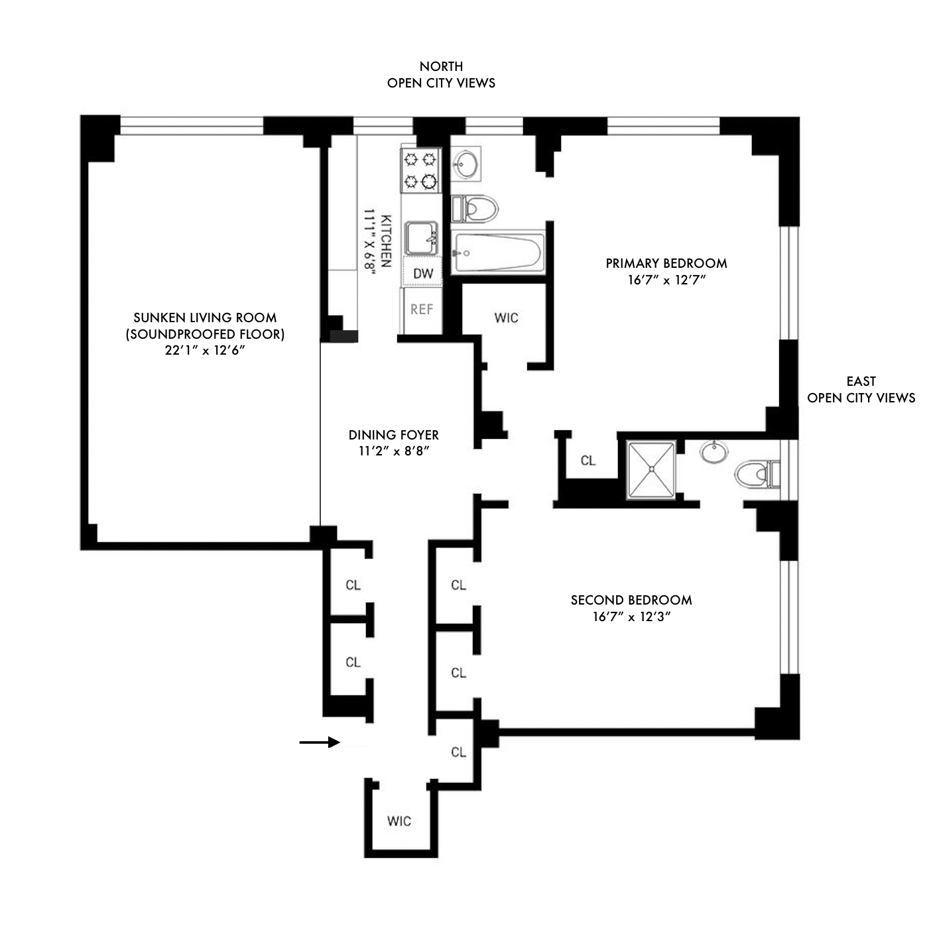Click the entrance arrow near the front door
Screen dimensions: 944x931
(319, 742)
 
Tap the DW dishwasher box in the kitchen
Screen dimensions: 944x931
(422, 273)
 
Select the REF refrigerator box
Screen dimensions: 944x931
(422, 310)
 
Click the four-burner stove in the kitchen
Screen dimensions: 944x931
(420, 170)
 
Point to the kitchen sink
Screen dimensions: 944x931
(422, 237)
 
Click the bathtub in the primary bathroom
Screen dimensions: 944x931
(498, 253)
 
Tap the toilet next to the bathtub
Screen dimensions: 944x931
(475, 209)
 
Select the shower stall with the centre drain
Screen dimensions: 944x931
(651, 469)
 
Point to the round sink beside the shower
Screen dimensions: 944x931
(714, 452)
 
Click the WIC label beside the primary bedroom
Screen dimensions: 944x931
(506, 318)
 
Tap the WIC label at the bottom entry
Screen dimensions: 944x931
(399, 821)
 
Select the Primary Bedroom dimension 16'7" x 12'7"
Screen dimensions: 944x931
(666, 280)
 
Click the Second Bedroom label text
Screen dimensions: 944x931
(631, 600)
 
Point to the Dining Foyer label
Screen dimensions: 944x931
(394, 435)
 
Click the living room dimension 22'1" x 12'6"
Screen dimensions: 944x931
(205, 351)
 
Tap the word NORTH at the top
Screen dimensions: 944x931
(441, 66)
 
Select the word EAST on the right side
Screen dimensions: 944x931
(861, 381)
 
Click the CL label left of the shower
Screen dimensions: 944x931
(588, 461)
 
